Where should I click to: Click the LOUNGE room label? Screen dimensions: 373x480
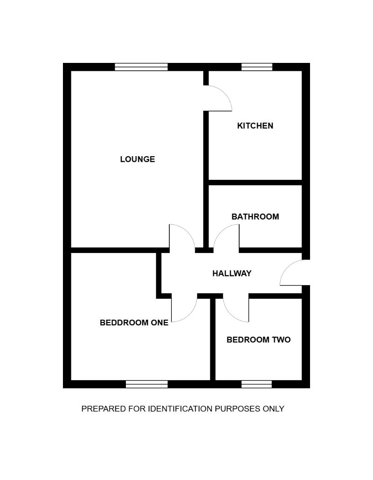[x=138, y=159]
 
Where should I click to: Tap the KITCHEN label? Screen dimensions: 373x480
[x=255, y=126]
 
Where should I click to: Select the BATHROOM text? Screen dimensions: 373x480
[x=255, y=217]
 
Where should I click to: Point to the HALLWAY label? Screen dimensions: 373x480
[x=232, y=274]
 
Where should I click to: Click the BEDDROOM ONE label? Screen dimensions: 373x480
[x=134, y=322]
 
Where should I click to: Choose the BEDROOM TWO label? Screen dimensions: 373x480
[x=258, y=340]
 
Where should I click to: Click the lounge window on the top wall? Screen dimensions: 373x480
[x=141, y=67]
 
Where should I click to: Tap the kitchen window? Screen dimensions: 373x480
[x=256, y=67]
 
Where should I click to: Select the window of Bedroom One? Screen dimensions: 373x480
[x=147, y=384]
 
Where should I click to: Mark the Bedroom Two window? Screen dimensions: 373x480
[x=256, y=384]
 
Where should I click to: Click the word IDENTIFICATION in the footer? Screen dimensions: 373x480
[x=180, y=409]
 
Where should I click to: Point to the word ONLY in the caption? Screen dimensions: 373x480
[x=274, y=409]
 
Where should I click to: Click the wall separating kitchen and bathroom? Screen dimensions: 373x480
[x=256, y=183]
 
